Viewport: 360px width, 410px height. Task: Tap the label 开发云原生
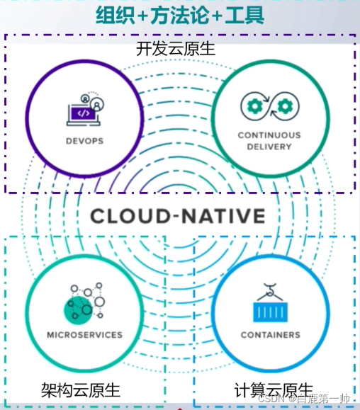tap(176, 50)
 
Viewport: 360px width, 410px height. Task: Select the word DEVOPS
tap(84, 141)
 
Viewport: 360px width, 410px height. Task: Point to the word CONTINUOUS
tap(269, 135)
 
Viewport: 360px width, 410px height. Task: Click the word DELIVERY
tap(269, 147)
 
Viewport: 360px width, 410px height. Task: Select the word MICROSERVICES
tap(84, 334)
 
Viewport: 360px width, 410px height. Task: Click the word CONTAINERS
tap(270, 335)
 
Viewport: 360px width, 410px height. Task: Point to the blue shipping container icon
tap(270, 311)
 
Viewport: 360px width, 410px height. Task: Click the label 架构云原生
tap(80, 389)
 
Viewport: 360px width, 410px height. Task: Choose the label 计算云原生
tap(274, 389)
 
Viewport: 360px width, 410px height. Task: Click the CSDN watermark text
tap(305, 398)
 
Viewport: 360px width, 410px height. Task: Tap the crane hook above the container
tap(270, 290)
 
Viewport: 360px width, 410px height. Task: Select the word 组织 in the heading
tap(116, 13)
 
